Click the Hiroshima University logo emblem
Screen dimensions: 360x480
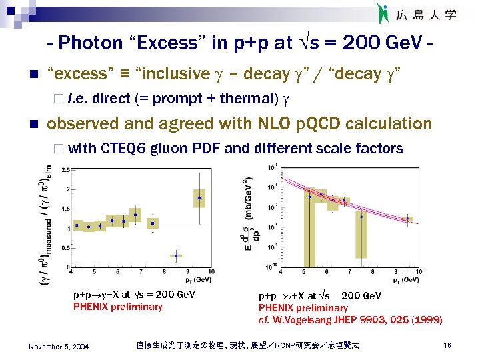(382, 13)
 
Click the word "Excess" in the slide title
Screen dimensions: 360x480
(155, 43)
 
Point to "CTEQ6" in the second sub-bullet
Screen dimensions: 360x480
(127, 148)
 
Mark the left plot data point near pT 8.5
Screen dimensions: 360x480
(176, 255)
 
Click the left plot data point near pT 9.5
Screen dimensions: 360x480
(199, 198)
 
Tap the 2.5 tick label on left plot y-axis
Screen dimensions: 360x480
(65, 171)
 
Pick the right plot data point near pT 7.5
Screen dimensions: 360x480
(361, 217)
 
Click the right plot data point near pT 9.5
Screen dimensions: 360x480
(407, 218)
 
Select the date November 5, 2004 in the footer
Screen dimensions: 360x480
(59, 345)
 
